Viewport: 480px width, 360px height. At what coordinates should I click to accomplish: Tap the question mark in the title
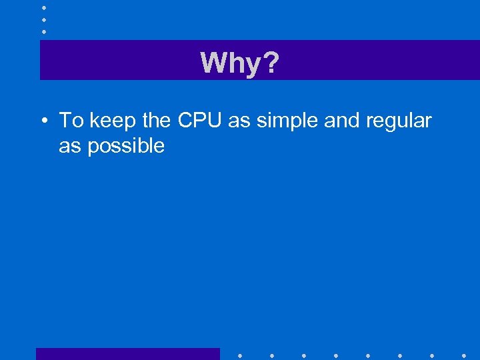(x=271, y=63)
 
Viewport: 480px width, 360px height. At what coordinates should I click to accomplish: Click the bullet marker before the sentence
(x=43, y=121)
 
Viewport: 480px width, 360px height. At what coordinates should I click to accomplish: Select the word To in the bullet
(x=71, y=121)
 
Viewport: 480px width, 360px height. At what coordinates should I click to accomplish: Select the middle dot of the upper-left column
(x=43, y=19)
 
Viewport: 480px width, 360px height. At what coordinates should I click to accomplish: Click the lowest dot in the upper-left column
(x=43, y=31)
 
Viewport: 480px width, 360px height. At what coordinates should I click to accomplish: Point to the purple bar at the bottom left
(x=127, y=354)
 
